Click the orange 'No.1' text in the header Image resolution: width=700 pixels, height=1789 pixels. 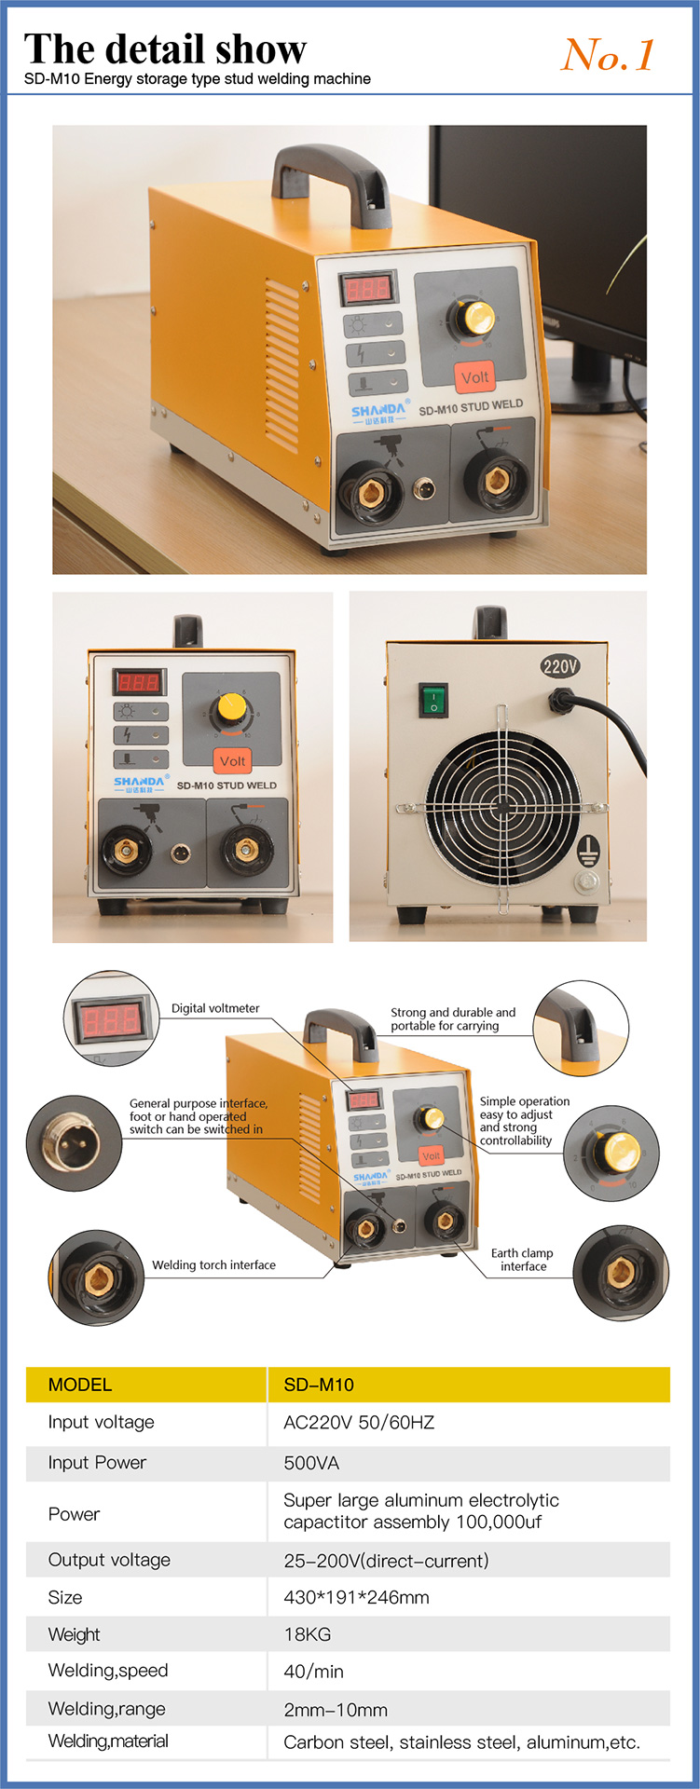tap(608, 55)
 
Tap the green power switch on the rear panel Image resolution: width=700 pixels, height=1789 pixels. tap(433, 700)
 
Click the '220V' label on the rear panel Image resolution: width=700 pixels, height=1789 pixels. tap(559, 665)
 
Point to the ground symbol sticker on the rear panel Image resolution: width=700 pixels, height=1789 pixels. tap(587, 849)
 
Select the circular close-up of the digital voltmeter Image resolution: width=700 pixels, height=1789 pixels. tap(111, 1018)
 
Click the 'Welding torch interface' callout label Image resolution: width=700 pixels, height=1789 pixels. tap(213, 1264)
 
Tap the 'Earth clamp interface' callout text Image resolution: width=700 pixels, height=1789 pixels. tap(522, 1260)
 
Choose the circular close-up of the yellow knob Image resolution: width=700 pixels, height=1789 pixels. tap(611, 1153)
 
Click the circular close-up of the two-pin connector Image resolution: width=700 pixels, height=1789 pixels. tap(74, 1143)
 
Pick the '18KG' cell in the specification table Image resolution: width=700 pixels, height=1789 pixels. tap(308, 1634)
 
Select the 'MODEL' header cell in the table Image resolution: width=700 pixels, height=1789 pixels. tap(80, 1385)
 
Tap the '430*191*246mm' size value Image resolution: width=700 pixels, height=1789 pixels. tap(356, 1597)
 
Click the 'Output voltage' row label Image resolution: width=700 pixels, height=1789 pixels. tap(109, 1560)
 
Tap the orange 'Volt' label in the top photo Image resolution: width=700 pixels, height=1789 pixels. tap(474, 377)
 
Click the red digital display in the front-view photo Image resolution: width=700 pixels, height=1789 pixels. tap(138, 682)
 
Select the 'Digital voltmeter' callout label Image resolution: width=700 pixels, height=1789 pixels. tap(215, 1008)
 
